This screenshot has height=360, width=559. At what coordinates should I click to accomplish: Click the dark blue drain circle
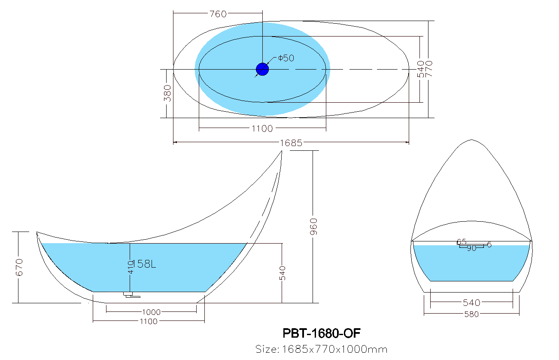(x=262, y=69)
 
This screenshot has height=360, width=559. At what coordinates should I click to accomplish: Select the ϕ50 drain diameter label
(x=286, y=58)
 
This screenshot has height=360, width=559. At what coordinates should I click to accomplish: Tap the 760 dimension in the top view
(x=218, y=14)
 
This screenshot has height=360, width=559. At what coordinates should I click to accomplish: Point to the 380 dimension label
(x=167, y=93)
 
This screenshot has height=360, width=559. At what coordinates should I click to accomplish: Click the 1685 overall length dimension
(x=291, y=143)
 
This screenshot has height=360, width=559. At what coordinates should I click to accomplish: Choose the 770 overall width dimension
(x=429, y=69)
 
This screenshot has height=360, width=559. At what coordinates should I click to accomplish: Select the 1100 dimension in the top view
(x=262, y=128)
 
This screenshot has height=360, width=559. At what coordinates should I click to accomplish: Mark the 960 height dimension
(x=313, y=227)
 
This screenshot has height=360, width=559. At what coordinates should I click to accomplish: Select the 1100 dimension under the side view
(x=149, y=321)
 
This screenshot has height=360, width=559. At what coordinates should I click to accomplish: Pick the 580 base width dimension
(x=471, y=314)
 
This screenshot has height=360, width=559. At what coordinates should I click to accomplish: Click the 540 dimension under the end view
(x=471, y=303)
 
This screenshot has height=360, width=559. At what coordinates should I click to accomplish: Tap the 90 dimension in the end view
(x=471, y=248)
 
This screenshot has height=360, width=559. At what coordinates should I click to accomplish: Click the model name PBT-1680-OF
(x=322, y=333)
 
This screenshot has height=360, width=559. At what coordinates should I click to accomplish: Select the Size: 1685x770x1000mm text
(x=322, y=349)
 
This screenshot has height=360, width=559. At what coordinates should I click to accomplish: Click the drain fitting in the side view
(x=132, y=295)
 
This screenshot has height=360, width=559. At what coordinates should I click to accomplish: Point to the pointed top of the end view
(x=472, y=140)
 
